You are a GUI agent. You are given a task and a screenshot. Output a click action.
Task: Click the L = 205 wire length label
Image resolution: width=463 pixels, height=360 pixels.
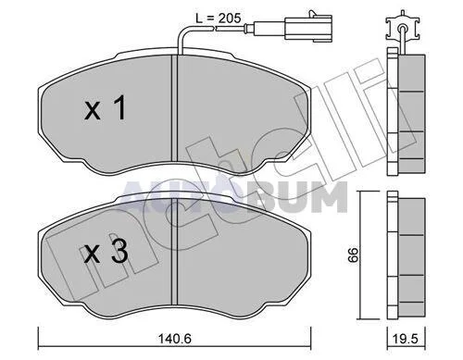coord(219,19)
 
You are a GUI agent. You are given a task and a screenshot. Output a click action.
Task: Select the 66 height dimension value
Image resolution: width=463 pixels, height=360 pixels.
coord(353,254)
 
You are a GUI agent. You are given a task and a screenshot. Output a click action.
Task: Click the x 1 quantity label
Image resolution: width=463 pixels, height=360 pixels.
coord(106,107)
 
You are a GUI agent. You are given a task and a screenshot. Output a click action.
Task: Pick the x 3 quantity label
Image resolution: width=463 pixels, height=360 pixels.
coord(106,252)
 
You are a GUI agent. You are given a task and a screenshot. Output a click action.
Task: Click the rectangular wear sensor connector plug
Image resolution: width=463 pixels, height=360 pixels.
coord(308,29)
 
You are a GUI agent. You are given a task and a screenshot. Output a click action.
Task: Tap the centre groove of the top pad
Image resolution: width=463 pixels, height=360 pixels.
coord(175,107)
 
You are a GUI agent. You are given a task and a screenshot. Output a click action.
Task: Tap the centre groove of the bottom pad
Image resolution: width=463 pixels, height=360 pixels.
coord(175,252)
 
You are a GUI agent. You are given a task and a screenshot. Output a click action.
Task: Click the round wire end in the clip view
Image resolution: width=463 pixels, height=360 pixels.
coord(402,29)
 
